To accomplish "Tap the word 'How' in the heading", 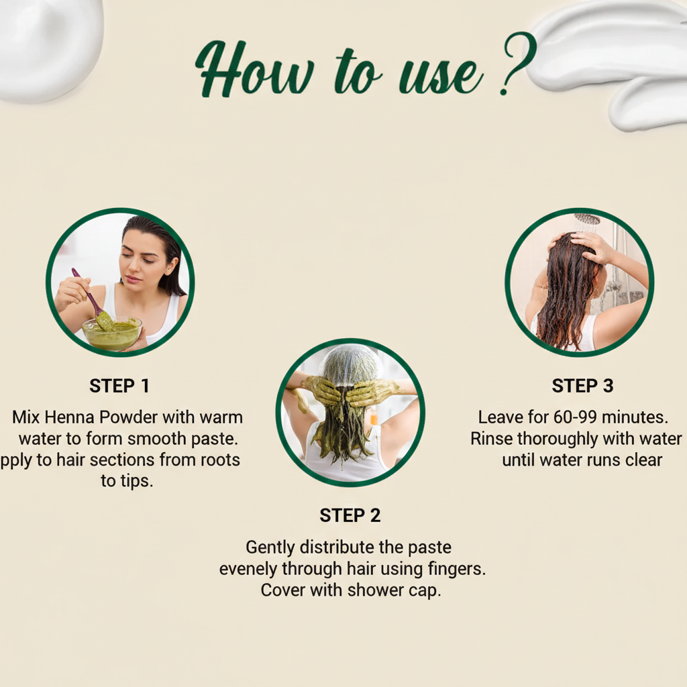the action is pyautogui.click(x=254, y=69).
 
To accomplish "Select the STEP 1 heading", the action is pyautogui.click(x=119, y=386).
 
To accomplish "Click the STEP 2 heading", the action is pyautogui.click(x=350, y=516).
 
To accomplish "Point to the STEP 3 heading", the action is pyautogui.click(x=582, y=386).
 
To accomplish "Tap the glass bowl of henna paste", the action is pyautogui.click(x=112, y=334).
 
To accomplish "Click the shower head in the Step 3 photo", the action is pyautogui.click(x=587, y=219).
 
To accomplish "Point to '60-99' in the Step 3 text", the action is pyautogui.click(x=575, y=417).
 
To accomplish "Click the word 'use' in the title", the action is pyautogui.click(x=440, y=76).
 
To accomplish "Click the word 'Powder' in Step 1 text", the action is pyautogui.click(x=128, y=417).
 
